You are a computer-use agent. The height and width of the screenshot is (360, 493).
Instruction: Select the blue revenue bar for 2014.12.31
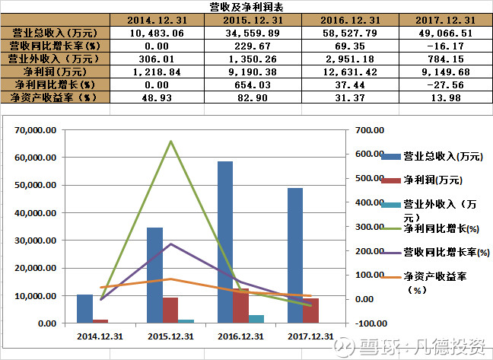click(x=84, y=308)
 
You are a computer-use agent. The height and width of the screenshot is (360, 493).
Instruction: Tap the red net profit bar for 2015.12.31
click(x=170, y=310)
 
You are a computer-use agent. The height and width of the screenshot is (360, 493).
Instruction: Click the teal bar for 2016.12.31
click(x=256, y=319)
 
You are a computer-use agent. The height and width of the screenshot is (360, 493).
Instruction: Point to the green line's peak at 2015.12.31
click(x=170, y=142)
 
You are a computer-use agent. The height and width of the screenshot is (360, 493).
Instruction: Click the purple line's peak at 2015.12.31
click(x=170, y=244)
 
